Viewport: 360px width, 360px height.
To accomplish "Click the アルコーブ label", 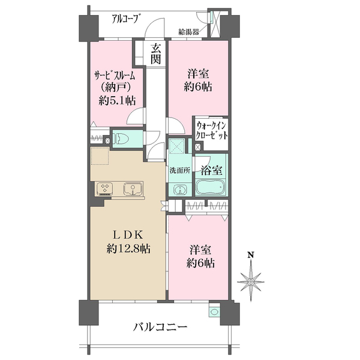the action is [x=126, y=19].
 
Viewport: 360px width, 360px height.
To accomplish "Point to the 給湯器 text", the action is [x=189, y=32].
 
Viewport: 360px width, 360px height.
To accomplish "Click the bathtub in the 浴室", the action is [x=210, y=187].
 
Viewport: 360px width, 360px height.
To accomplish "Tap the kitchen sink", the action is [x=133, y=189].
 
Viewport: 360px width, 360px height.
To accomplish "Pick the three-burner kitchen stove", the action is [x=105, y=189].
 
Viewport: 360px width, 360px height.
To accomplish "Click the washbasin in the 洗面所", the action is [x=181, y=190].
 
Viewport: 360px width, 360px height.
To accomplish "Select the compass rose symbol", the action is [x=251, y=281].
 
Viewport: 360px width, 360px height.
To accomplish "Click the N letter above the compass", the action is [x=251, y=255].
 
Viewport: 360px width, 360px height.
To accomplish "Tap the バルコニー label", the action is [x=160, y=327].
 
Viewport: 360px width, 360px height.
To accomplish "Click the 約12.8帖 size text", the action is [x=128, y=248].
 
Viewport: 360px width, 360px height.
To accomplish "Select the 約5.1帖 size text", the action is [x=117, y=101].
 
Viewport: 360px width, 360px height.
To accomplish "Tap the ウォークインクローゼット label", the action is [x=212, y=131].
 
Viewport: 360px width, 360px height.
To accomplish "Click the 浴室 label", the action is [x=211, y=170].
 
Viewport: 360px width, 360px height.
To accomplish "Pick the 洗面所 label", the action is [x=180, y=170].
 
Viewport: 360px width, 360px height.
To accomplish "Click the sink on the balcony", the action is [x=214, y=311].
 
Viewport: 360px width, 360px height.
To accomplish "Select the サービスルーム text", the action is [x=115, y=75].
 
